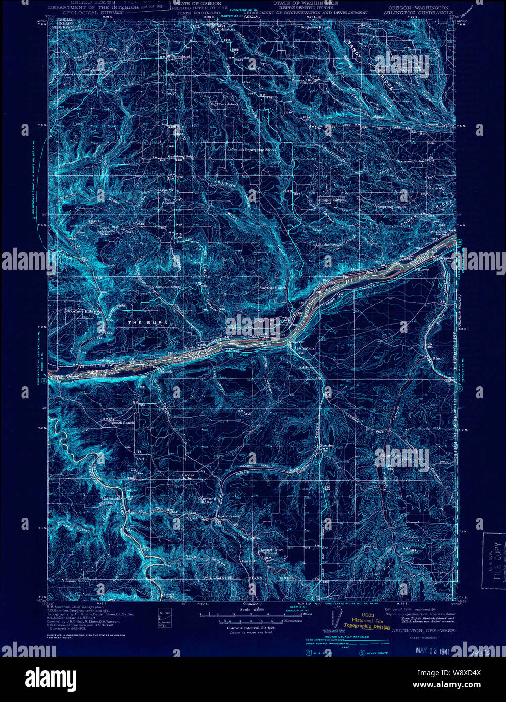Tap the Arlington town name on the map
(x=303, y=348)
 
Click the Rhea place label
(x=437, y=358)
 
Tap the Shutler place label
(x=327, y=446)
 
